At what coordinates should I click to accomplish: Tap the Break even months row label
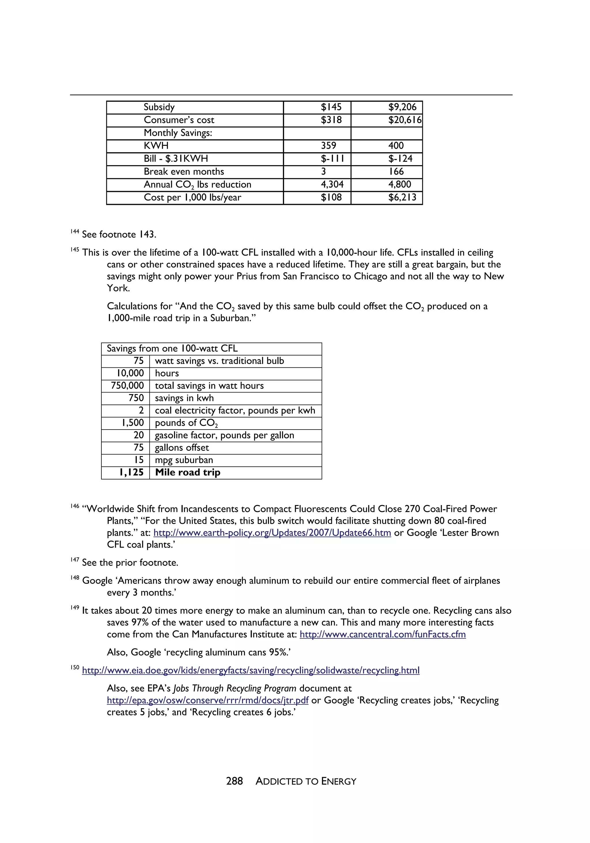184,171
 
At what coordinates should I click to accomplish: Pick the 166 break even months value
396,171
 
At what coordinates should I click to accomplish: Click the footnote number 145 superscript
75,250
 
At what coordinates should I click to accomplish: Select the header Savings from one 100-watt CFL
172,348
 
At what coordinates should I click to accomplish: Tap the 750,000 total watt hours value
127,385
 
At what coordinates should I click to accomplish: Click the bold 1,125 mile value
131,472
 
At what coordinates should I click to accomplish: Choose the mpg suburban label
184,460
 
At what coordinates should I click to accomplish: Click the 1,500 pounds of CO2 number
133,423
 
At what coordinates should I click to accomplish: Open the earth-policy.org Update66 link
272,533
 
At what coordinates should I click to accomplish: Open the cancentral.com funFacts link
383,634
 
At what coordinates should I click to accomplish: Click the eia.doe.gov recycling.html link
250,670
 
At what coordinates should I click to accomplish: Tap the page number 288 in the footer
234,781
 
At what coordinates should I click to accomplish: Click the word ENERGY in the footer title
339,781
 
